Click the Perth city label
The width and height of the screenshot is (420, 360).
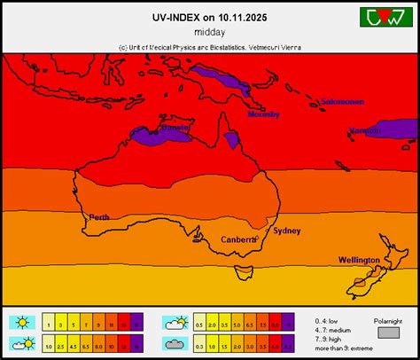99,217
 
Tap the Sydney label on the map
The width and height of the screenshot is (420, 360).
287,231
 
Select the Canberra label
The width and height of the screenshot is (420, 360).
237,239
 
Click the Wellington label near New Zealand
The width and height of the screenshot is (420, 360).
359,260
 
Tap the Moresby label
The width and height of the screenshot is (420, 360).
264,114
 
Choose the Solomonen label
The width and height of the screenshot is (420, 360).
342,101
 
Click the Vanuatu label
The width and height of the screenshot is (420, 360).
366,130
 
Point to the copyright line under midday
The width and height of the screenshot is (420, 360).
209,46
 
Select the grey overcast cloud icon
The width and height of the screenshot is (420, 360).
174,343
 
